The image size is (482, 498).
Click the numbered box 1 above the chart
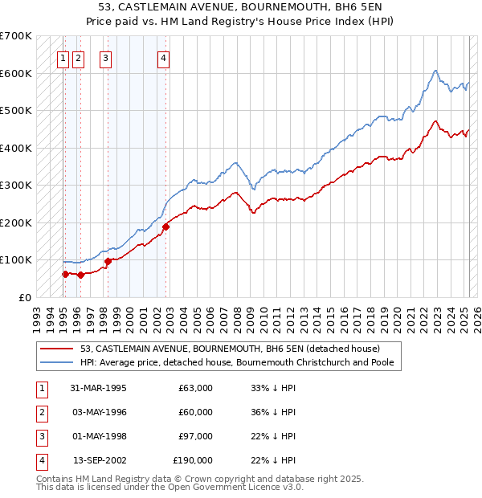[x=63, y=57]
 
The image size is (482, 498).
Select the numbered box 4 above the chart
[x=163, y=57]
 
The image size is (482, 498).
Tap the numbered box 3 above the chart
[x=106, y=57]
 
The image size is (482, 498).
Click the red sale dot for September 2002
[x=166, y=227]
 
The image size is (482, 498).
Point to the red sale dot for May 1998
[x=108, y=261]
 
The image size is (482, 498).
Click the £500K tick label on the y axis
[x=16, y=110]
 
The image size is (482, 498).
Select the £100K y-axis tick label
[x=16, y=259]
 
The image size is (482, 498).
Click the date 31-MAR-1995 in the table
[x=99, y=388]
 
